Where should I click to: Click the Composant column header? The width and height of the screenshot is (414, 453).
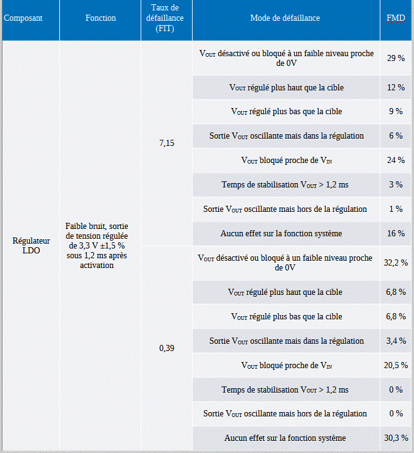(x=23, y=18)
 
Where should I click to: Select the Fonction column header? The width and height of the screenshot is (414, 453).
(x=101, y=18)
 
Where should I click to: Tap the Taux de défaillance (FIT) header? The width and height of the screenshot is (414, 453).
(x=165, y=18)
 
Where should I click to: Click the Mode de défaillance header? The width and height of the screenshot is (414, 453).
(x=285, y=18)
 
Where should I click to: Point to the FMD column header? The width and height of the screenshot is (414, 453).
(x=396, y=18)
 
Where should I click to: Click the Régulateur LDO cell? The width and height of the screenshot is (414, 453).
(x=31, y=245)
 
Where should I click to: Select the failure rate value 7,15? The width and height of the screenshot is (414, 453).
(x=167, y=143)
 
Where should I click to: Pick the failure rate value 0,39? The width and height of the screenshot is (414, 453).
(x=167, y=348)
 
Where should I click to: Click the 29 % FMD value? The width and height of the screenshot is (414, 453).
(x=396, y=58)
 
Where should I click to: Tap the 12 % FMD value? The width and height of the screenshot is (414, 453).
(x=396, y=87)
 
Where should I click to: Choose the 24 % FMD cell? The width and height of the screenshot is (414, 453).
(x=396, y=160)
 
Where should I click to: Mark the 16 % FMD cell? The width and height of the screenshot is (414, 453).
(x=396, y=233)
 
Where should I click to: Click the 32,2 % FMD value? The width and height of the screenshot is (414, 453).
(x=396, y=263)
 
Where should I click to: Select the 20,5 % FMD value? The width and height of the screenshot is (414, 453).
(x=396, y=365)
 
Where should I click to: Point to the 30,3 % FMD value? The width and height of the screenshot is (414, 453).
(x=396, y=438)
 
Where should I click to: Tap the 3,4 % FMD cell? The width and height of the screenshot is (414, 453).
(x=396, y=341)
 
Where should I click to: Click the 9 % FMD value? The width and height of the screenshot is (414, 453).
(x=396, y=111)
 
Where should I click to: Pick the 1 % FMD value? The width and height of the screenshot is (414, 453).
(x=396, y=209)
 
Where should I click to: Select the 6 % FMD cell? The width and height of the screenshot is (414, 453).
(x=396, y=136)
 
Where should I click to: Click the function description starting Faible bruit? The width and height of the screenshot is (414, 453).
(x=97, y=245)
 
